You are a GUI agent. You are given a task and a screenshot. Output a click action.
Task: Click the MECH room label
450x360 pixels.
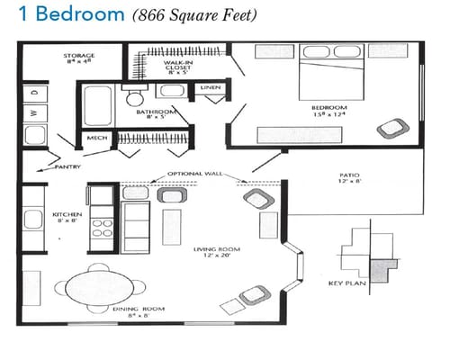pos(94,139)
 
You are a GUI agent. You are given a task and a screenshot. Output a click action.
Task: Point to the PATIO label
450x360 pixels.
pos(350,179)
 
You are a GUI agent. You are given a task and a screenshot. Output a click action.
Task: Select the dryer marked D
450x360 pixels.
pos(34,93)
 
